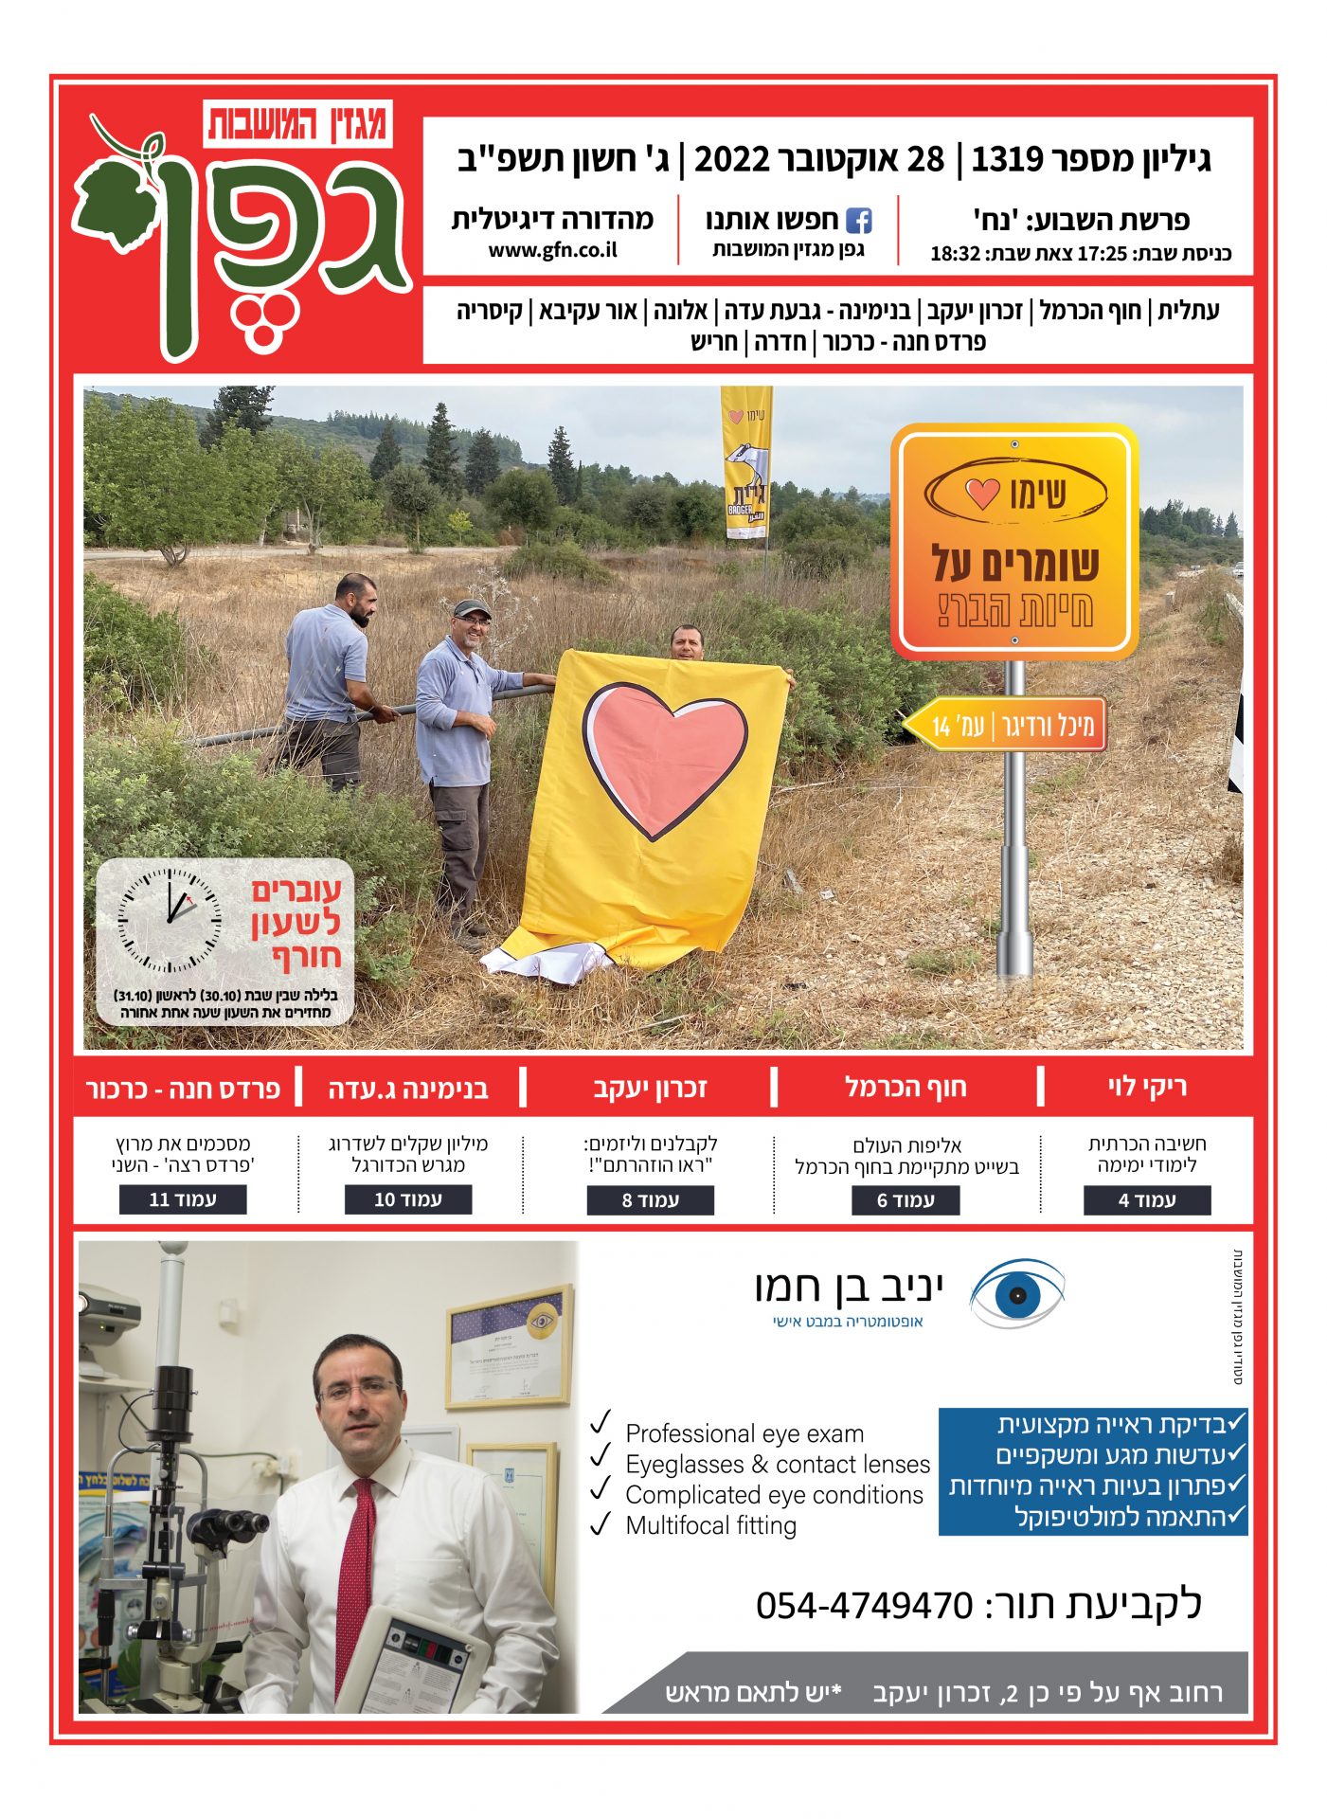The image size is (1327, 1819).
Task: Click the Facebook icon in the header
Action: [x=858, y=221]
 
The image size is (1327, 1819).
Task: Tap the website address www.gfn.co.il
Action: [x=553, y=250]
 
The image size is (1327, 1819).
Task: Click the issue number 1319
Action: [x=1007, y=159]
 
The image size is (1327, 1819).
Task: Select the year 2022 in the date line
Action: [x=731, y=159]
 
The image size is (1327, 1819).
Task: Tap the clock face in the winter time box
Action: [x=170, y=920]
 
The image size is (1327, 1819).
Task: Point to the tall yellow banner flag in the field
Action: [x=746, y=464]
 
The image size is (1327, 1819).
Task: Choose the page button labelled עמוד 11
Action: [x=183, y=1199]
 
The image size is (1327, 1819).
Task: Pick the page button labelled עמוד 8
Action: [x=650, y=1200]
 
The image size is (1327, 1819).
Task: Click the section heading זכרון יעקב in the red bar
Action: [x=650, y=1088]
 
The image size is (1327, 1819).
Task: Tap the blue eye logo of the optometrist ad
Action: [x=1017, y=1293]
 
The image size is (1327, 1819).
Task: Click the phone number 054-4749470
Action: [x=864, y=1605]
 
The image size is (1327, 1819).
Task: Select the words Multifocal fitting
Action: [x=710, y=1525]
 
